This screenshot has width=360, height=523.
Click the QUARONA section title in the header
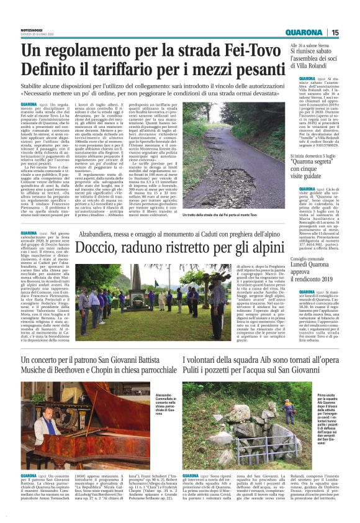(x=305, y=33)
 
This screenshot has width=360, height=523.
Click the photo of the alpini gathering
(x=137, y=301)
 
